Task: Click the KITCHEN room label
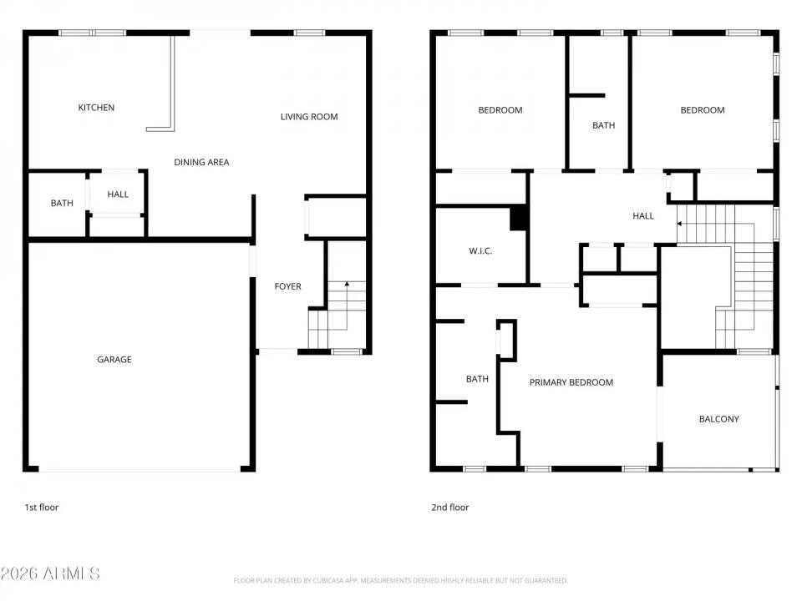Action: [96, 108]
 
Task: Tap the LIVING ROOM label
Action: [309, 117]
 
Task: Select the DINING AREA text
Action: [201, 162]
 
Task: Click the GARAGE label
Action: [114, 360]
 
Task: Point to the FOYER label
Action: [288, 286]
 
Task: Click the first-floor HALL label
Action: [118, 194]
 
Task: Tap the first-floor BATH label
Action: [62, 203]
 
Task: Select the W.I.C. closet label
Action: [480, 250]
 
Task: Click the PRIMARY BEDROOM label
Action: [571, 382]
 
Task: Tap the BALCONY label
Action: [718, 419]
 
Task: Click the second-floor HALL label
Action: [643, 216]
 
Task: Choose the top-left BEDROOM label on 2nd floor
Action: [500, 110]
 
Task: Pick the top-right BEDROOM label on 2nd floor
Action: [703, 110]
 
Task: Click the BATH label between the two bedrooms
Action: [603, 125]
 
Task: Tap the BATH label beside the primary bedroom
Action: [477, 379]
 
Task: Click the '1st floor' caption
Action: [41, 507]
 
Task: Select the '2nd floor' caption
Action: [449, 507]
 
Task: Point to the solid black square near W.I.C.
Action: [519, 218]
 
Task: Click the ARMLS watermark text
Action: [50, 573]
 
